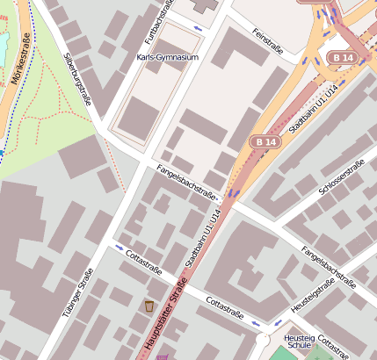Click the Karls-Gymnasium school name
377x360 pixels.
[169, 57]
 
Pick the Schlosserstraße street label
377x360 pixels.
[342, 178]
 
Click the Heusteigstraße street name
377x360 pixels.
[313, 296]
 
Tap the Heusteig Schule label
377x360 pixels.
[299, 342]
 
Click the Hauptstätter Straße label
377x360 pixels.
[165, 315]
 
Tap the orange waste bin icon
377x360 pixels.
[149, 306]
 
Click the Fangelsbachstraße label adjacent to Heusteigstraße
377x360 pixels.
[327, 267]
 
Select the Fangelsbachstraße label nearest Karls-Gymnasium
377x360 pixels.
[185, 180]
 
